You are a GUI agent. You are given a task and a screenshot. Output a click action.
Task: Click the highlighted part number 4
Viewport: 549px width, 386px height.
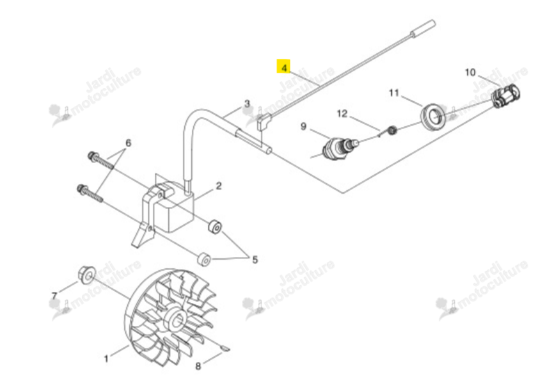pyautogui.click(x=284, y=67)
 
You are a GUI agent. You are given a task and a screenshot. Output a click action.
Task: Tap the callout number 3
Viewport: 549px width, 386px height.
pyautogui.click(x=247, y=104)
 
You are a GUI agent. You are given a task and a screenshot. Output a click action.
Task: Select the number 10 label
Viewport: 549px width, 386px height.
pyautogui.click(x=470, y=72)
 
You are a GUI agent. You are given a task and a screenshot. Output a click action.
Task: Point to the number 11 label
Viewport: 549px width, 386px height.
pyautogui.click(x=394, y=93)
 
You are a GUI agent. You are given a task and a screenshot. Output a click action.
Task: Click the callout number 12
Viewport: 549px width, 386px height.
pyautogui.click(x=342, y=113)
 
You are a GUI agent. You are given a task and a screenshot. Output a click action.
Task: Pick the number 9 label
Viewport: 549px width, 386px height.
pyautogui.click(x=303, y=126)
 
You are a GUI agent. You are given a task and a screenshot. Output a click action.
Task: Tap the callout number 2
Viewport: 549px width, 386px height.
pyautogui.click(x=218, y=186)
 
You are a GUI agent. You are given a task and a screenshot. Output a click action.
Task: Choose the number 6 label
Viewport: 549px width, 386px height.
pyautogui.click(x=128, y=143)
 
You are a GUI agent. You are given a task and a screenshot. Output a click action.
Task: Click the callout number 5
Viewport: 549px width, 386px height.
pyautogui.click(x=255, y=259)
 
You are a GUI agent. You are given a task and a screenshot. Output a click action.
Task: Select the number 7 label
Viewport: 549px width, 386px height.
pyautogui.click(x=54, y=296)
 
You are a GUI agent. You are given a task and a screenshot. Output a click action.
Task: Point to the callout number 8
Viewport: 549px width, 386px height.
pyautogui.click(x=198, y=366)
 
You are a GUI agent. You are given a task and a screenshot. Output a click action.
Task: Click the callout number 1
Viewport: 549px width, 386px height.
pyautogui.click(x=106, y=359)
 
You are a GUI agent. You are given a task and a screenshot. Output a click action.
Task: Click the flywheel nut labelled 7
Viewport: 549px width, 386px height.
pyautogui.click(x=86, y=276)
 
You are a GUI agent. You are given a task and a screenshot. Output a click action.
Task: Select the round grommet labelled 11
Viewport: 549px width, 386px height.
pyautogui.click(x=433, y=116)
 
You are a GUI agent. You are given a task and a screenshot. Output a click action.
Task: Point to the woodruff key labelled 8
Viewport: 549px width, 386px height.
pyautogui.click(x=225, y=348)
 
